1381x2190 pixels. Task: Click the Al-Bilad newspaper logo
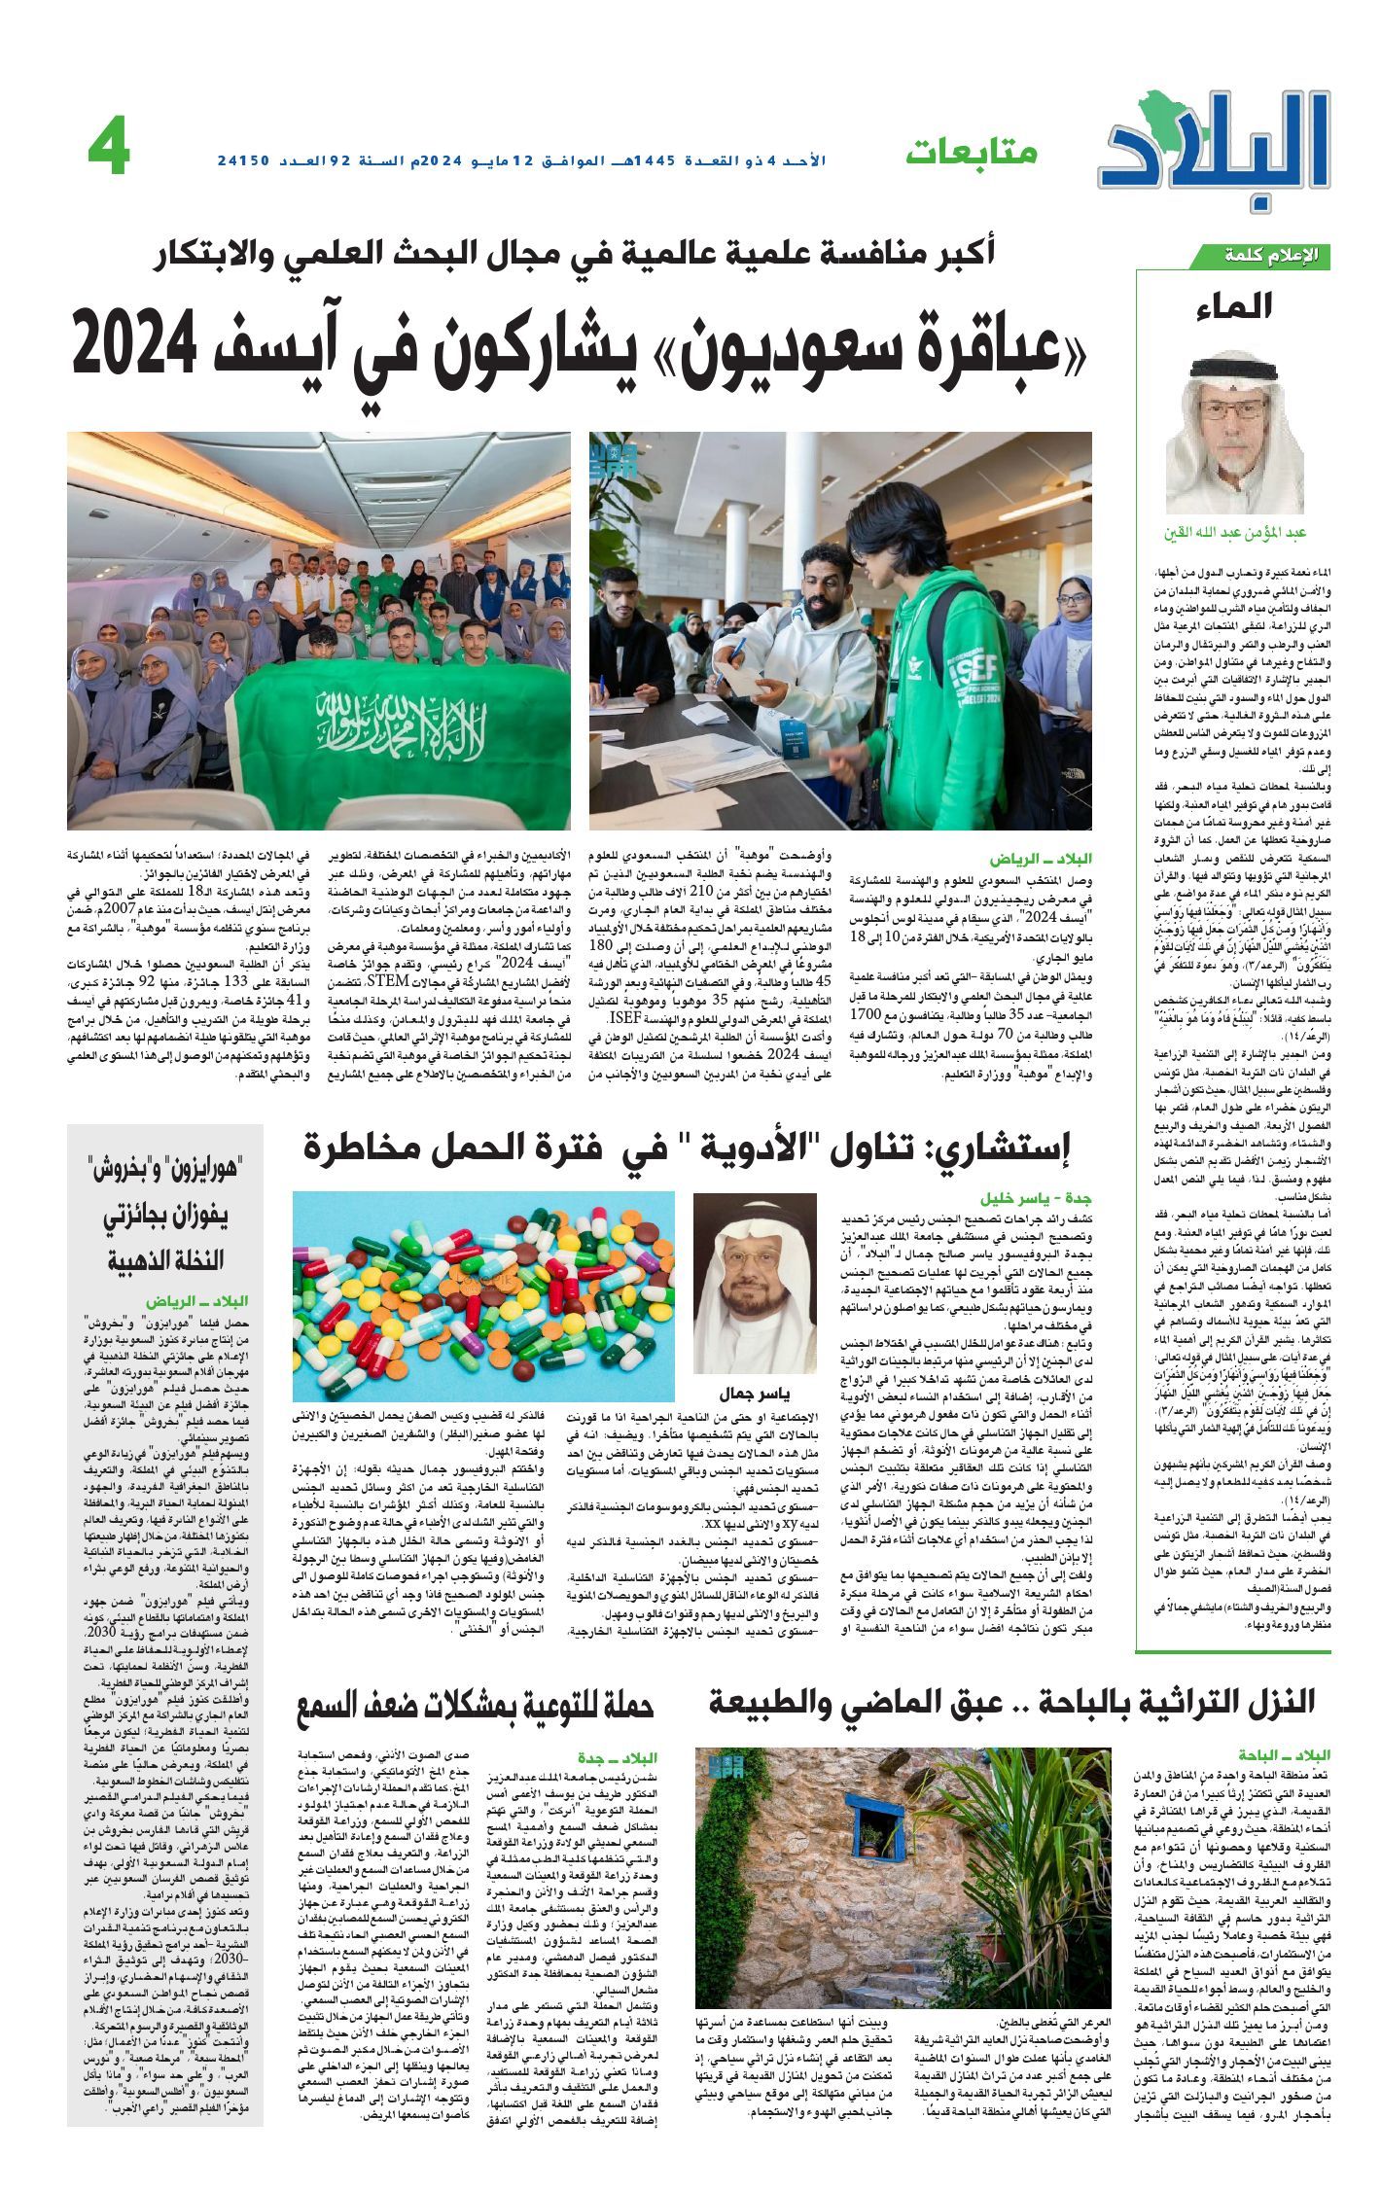tap(1217, 146)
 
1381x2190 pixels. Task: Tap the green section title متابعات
tap(972, 152)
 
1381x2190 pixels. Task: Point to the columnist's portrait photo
tap(1234, 433)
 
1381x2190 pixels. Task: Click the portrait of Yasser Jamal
tap(755, 1268)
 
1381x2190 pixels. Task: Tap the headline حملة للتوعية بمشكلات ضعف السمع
tap(477, 1708)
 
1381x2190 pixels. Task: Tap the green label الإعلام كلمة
tap(1264, 256)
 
